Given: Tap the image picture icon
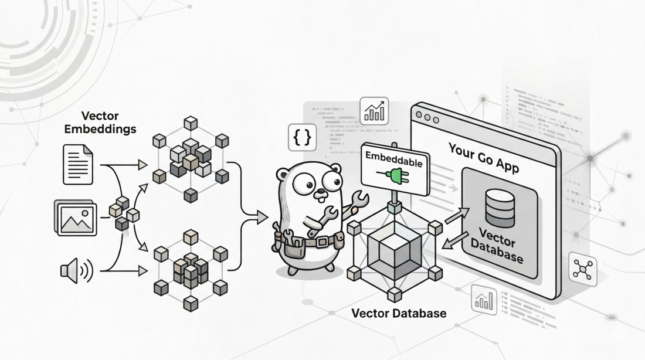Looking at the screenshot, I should tap(76, 218).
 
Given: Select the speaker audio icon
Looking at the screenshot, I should tap(76, 271).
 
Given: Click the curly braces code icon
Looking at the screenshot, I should tap(302, 138).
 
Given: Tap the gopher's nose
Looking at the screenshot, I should tap(320, 192).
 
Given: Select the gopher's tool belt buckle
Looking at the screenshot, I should tap(322, 242).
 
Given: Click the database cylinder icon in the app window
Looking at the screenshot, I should tap(500, 208).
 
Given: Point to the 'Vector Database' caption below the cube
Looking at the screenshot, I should tap(399, 313).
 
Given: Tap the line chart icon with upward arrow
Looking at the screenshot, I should tap(374, 111).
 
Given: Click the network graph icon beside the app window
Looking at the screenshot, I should tap(582, 270).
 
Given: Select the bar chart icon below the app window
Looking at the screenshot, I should tap(484, 300).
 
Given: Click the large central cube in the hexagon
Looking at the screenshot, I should tap(395, 253).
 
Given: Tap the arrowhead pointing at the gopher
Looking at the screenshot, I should tap(262, 218).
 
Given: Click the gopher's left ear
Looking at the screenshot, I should tap(283, 174).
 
